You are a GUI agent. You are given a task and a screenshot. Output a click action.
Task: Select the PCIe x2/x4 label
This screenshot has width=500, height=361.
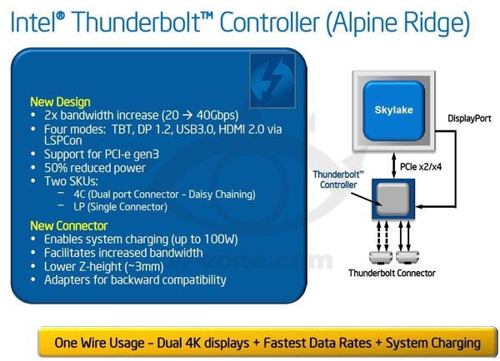point(418,165)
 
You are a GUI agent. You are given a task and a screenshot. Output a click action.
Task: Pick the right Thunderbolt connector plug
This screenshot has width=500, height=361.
point(406,255)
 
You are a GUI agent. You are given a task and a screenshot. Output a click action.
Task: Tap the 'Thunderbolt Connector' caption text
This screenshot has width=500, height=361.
point(391,272)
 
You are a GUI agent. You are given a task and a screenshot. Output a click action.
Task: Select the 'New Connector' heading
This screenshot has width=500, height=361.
point(68,225)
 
